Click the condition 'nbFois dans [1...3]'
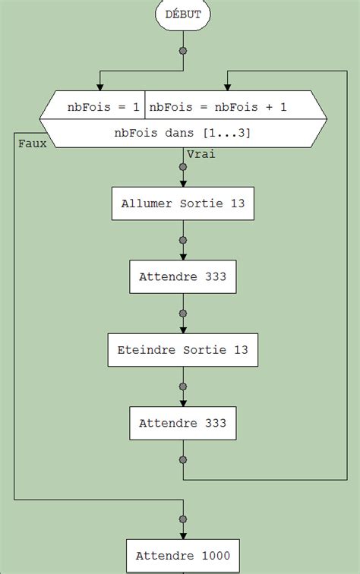[182, 134]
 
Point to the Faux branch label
[31, 143]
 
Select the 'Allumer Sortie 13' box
[182, 203]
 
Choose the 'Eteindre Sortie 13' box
[182, 351]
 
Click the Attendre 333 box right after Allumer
[182, 277]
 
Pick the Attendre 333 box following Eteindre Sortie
[182, 423]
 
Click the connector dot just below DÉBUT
[182, 52]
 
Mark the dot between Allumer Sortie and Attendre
[182, 240]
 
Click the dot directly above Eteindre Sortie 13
[182, 313]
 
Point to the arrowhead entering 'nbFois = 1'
[99, 86]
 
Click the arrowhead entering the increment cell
[228, 86]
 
